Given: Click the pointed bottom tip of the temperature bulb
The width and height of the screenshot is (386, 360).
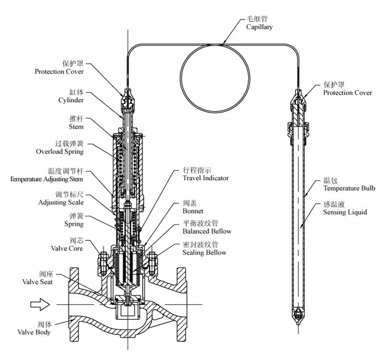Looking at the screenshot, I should point(299,327).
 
